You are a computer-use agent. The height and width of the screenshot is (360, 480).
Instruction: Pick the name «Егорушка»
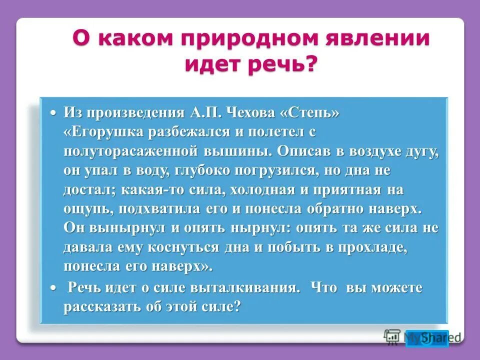point(105,132)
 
